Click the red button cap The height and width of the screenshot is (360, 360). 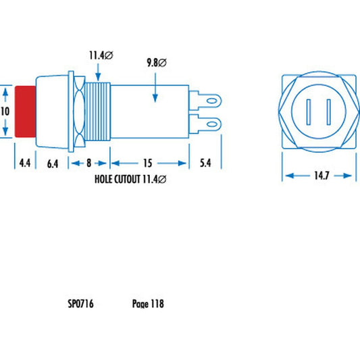point(24,111)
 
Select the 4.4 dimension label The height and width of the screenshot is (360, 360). point(24,163)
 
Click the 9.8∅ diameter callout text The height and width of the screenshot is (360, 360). point(157,63)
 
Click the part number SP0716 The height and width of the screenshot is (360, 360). point(80,304)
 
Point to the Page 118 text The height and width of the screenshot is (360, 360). point(148,304)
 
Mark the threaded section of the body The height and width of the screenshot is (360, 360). point(97,112)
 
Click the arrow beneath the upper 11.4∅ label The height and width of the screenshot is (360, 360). point(99,70)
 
